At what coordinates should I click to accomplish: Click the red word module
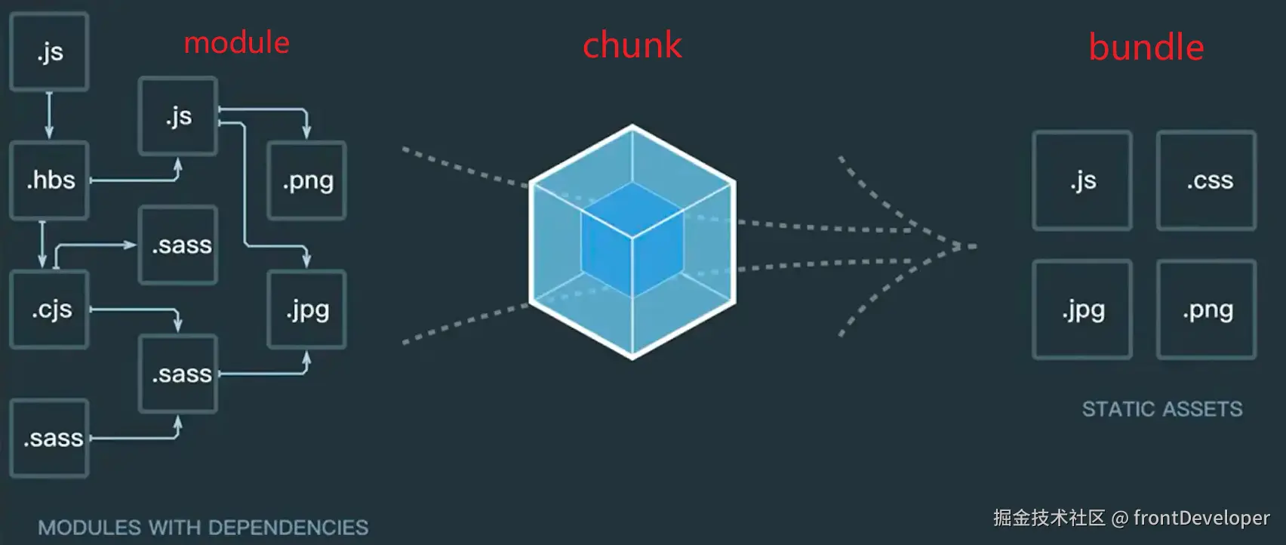click(236, 43)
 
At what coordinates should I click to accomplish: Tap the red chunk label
click(632, 45)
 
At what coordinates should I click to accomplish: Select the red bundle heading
click(1146, 48)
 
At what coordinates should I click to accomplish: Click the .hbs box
click(50, 180)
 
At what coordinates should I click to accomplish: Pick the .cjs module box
click(50, 309)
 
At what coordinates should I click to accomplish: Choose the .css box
click(1206, 181)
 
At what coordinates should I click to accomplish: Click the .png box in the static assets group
click(1206, 309)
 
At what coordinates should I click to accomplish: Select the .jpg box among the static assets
click(1082, 309)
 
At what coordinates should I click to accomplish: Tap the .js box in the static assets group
click(1082, 181)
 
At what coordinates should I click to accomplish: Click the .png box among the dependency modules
click(307, 181)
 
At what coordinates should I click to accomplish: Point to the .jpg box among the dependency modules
click(307, 309)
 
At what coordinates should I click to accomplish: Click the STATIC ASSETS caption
click(1161, 409)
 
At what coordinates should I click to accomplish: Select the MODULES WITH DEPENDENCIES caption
click(203, 528)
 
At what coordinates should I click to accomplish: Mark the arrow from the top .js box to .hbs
click(49, 115)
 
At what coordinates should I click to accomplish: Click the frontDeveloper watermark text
click(1201, 518)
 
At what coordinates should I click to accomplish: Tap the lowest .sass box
click(50, 439)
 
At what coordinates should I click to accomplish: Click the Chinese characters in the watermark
click(1049, 518)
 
